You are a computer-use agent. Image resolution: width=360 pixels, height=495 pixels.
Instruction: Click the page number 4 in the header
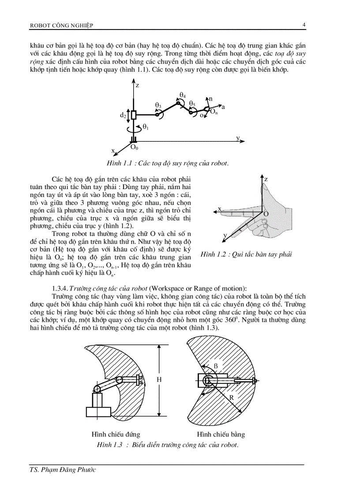(304, 25)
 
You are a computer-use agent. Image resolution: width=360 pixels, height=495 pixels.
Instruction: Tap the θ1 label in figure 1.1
(145, 127)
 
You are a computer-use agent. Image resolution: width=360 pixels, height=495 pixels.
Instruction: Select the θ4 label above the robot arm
(183, 95)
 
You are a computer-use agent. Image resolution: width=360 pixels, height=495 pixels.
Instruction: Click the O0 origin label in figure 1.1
(134, 148)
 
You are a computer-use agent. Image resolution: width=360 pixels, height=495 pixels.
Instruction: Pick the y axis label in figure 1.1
(238, 138)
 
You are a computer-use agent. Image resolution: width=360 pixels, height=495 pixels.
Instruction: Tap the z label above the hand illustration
(266, 179)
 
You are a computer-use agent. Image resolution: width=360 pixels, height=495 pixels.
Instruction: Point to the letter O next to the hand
(266, 214)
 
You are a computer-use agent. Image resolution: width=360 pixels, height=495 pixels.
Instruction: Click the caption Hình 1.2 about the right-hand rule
(246, 254)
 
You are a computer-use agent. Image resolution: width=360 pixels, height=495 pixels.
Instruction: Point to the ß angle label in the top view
(216, 366)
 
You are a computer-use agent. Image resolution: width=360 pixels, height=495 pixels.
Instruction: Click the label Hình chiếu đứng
(116, 434)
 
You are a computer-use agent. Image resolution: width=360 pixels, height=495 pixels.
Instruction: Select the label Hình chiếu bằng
(221, 434)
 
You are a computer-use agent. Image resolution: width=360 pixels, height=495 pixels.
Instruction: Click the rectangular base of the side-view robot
(98, 412)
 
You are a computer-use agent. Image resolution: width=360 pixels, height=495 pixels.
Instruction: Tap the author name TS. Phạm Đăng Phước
(60, 470)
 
